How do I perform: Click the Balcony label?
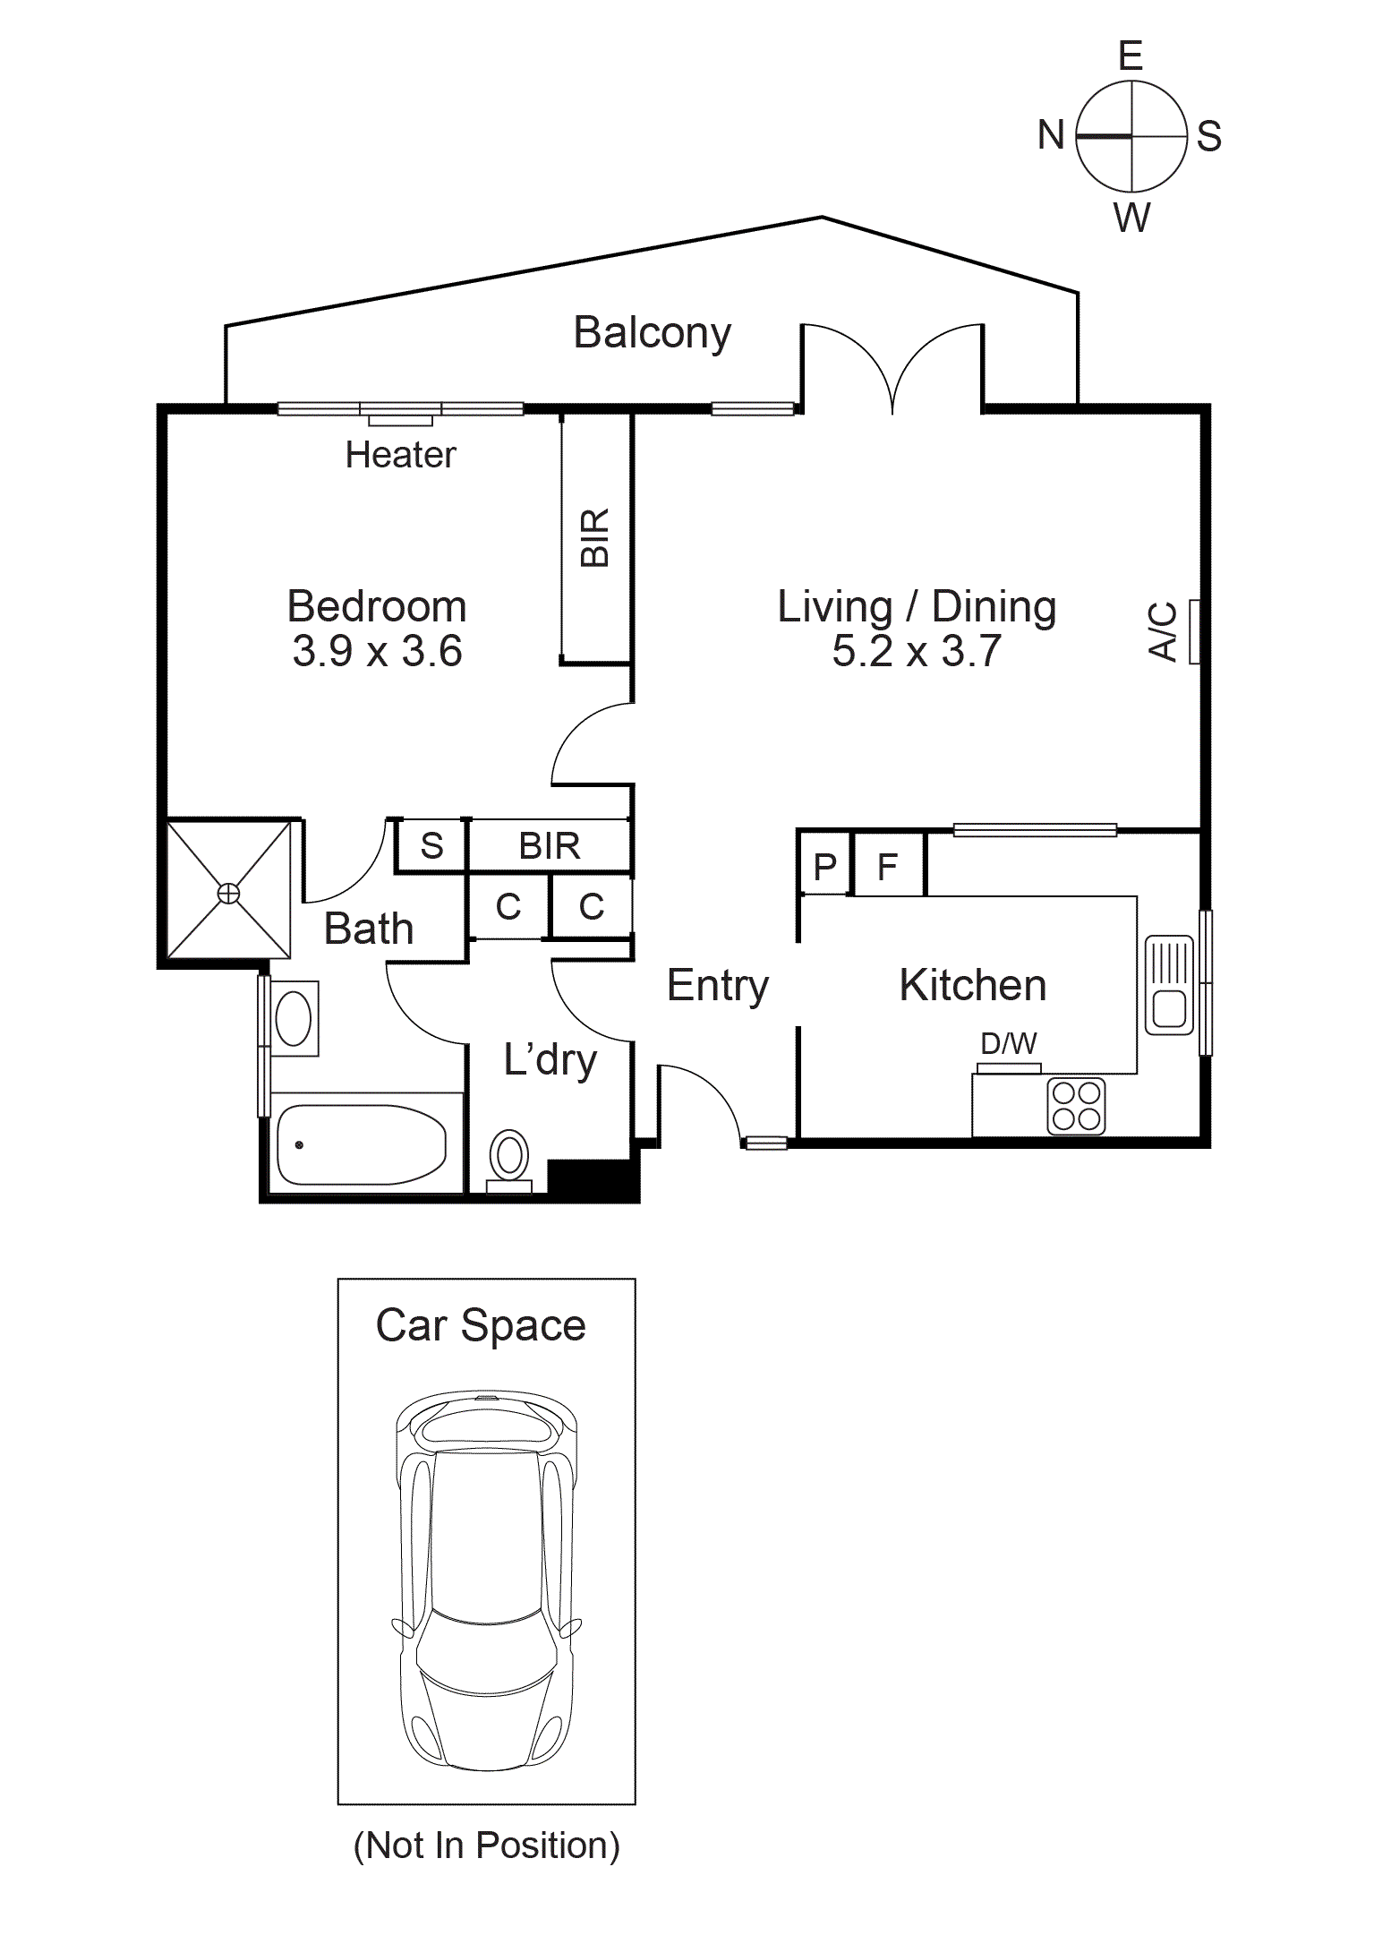click(x=652, y=333)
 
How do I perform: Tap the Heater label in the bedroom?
click(x=400, y=455)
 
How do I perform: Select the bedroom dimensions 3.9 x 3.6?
click(x=377, y=651)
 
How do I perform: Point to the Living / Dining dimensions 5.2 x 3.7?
click(x=917, y=651)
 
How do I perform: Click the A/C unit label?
click(x=1163, y=631)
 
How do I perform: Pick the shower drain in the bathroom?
click(x=229, y=893)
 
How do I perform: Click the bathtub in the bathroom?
click(x=362, y=1144)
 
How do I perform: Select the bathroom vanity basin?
click(x=294, y=1018)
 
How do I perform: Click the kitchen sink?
click(x=1169, y=985)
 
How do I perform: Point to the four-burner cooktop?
click(x=1076, y=1106)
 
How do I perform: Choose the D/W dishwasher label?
click(x=1009, y=1043)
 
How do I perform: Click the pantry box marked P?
click(x=824, y=865)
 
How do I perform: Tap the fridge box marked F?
click(x=888, y=865)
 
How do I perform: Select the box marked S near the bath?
click(x=431, y=845)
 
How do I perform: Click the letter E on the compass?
click(x=1131, y=56)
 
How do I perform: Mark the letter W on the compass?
click(x=1132, y=218)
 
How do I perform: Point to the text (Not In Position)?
click(x=486, y=1846)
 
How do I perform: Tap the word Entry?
click(x=718, y=986)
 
